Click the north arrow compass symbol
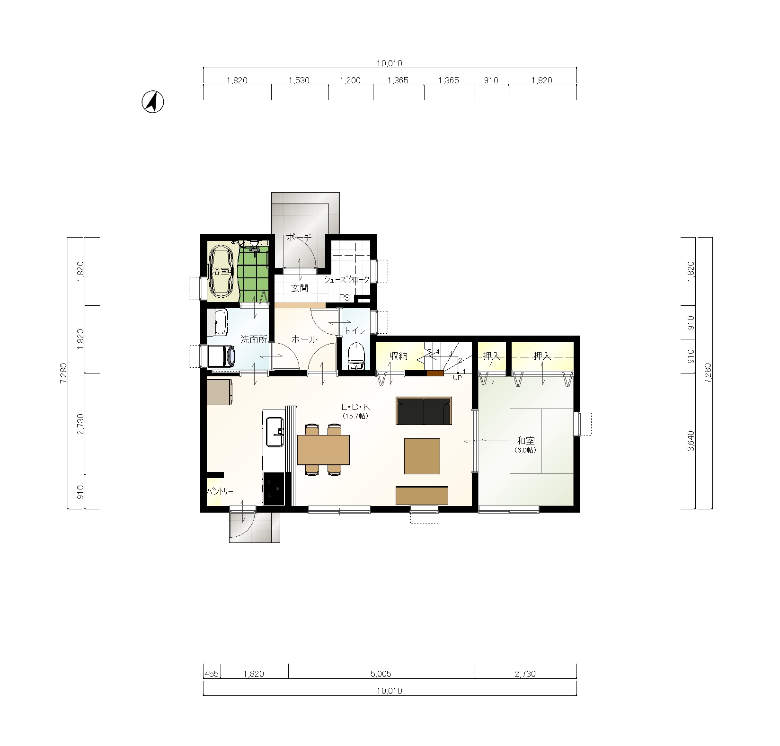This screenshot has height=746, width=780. click(x=153, y=102)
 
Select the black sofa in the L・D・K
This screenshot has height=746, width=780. click(x=424, y=411)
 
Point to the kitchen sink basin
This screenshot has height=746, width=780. click(x=275, y=432)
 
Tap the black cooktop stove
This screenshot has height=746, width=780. click(x=274, y=489)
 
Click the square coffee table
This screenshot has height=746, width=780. click(x=422, y=456)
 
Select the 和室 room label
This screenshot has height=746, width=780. click(x=525, y=441)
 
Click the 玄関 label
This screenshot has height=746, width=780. click(x=300, y=288)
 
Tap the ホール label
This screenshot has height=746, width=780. click(x=304, y=339)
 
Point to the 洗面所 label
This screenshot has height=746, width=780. click(x=254, y=339)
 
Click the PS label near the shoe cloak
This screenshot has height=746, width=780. click(x=345, y=298)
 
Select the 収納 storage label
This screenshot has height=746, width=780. click(x=399, y=356)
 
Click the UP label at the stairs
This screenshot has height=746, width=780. click(x=457, y=378)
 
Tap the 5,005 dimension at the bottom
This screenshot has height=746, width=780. click(x=381, y=674)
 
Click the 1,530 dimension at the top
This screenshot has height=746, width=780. click(x=299, y=80)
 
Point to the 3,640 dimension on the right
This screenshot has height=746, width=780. click(x=691, y=441)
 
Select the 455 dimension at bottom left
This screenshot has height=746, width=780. click(x=212, y=674)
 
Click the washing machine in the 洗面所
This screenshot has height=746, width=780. click(x=221, y=355)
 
